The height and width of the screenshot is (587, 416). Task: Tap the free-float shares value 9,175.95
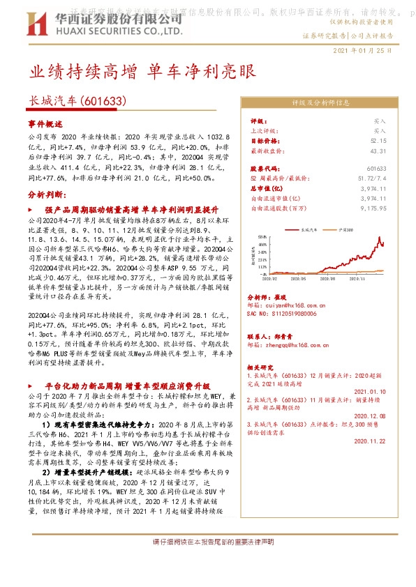tap(373, 208)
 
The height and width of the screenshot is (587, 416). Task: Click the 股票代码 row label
tap(267, 169)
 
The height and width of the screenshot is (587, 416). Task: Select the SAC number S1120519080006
tap(285, 314)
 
